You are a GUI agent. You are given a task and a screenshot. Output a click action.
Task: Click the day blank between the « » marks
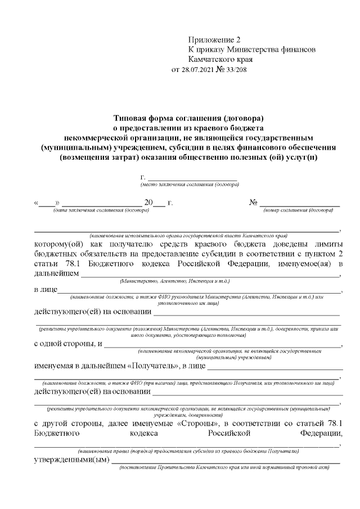click(x=47, y=202)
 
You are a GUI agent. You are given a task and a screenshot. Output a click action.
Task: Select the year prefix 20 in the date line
click(x=148, y=202)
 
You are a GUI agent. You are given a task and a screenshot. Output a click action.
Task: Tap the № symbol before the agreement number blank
click(x=253, y=202)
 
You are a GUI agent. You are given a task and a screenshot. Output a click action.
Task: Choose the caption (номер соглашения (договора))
click(x=298, y=210)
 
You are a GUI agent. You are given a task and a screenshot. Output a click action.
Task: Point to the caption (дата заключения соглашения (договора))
click(x=101, y=210)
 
